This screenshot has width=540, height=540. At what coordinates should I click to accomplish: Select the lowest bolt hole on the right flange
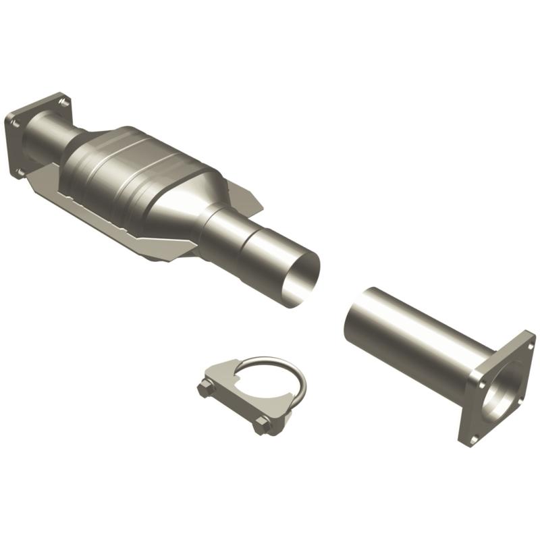[472, 437]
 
